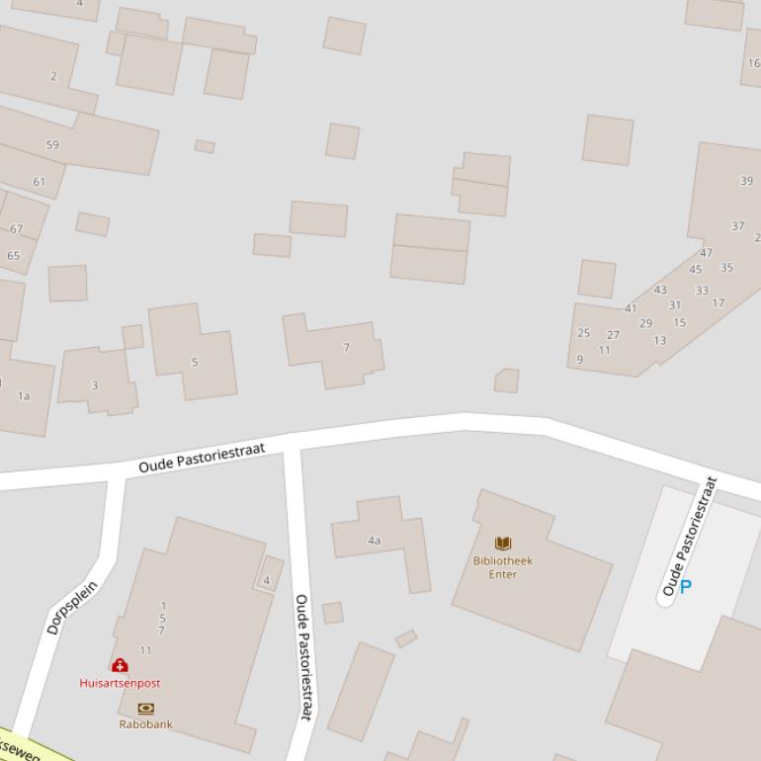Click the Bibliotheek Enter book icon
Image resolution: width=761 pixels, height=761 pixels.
503,544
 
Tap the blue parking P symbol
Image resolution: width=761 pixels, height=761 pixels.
685,587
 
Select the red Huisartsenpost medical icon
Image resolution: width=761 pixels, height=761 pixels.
120,666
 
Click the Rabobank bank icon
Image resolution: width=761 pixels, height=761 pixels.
146,709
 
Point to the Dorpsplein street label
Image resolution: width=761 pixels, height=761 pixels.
72,607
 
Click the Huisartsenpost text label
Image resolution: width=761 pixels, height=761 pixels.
120,683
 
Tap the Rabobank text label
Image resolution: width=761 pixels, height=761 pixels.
146,724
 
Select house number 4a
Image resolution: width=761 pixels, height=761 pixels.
375,541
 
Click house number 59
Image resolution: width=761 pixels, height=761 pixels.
52,144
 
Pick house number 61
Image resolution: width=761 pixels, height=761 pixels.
40,182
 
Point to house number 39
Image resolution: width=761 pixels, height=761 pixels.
746,181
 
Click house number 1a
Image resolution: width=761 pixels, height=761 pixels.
24,396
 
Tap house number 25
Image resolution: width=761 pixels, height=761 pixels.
583,333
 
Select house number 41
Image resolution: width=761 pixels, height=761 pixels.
631,308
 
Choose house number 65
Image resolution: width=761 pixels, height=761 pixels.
13,256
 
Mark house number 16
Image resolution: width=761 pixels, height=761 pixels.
753,63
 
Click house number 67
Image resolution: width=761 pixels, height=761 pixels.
16,229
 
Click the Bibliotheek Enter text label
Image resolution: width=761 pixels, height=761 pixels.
502,567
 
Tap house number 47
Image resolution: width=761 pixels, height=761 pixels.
706,254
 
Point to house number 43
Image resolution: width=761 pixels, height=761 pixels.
660,291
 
